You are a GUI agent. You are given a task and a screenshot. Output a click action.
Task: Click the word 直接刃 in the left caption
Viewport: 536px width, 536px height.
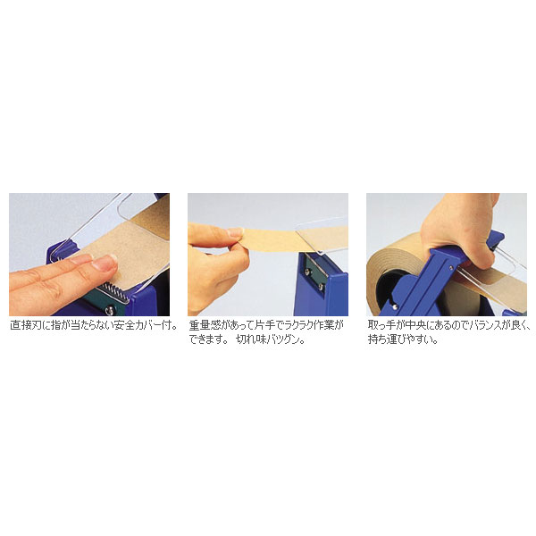tap(25, 326)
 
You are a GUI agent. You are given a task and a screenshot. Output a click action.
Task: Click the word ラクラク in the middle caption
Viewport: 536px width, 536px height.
tap(285, 326)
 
